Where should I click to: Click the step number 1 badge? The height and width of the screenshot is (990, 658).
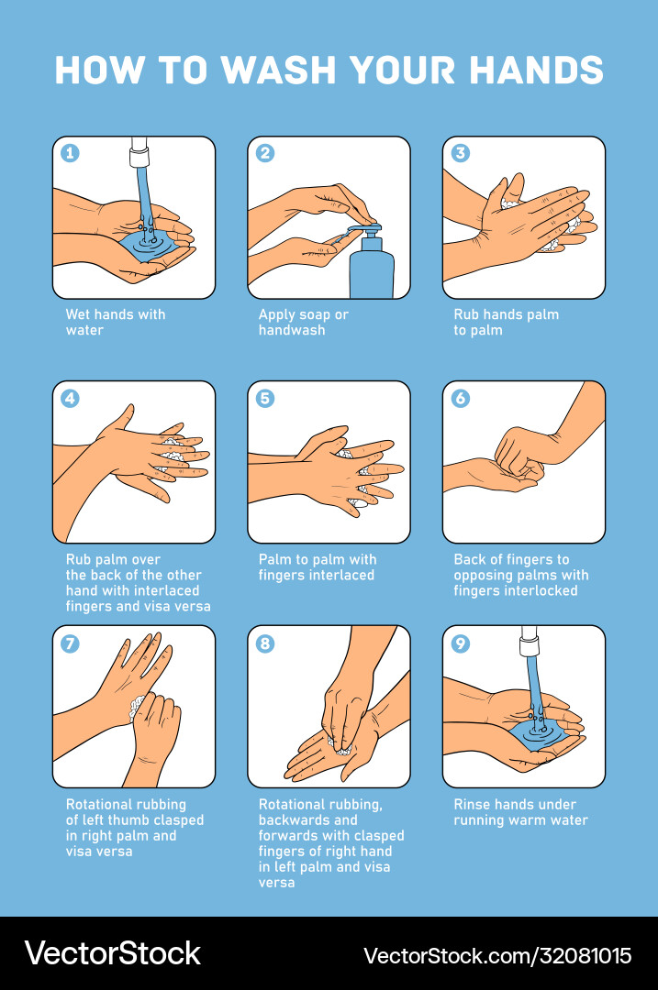(71, 153)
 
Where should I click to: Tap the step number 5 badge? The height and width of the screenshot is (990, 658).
(265, 398)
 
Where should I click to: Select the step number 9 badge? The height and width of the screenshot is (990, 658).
(461, 643)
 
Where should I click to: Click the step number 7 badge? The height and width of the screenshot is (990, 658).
(71, 643)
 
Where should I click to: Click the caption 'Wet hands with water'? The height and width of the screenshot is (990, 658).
(115, 322)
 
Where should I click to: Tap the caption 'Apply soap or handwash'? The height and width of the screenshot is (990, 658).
(303, 322)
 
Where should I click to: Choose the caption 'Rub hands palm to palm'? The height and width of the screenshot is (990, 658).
(505, 322)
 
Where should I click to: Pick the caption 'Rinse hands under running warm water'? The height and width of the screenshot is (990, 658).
(519, 812)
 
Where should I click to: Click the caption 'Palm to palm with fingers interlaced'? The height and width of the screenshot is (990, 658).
(317, 567)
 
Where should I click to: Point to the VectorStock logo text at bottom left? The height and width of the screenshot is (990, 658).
(112, 953)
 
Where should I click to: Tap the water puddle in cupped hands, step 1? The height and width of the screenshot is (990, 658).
(147, 245)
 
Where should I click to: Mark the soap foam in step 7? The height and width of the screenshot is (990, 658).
(138, 706)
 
